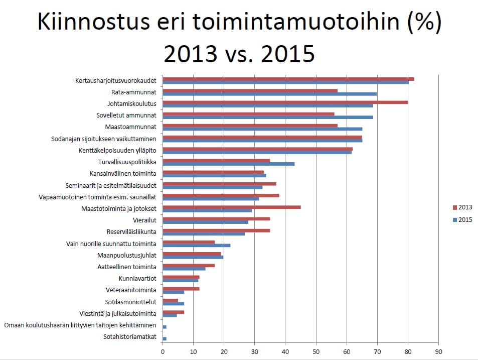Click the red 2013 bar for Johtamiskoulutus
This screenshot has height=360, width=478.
pos(285,102)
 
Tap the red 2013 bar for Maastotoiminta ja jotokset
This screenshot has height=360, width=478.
pos(232,206)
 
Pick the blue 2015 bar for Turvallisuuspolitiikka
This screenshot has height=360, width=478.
pos(228,164)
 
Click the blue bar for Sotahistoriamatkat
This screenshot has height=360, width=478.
pos(165,339)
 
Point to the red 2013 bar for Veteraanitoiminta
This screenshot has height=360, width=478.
pos(181,288)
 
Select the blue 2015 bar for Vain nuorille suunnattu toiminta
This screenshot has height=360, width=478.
pos(196,245)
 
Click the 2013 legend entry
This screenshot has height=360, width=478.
pos(462,207)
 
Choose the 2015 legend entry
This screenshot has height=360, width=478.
pos(462,219)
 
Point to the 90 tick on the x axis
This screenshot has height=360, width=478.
pos(438,352)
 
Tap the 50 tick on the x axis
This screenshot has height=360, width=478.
pos(316,352)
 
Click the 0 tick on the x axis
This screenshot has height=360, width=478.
pos(163,352)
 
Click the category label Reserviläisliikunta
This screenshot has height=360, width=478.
pos(131,232)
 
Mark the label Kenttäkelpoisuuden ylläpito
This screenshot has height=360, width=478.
pos(117,150)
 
